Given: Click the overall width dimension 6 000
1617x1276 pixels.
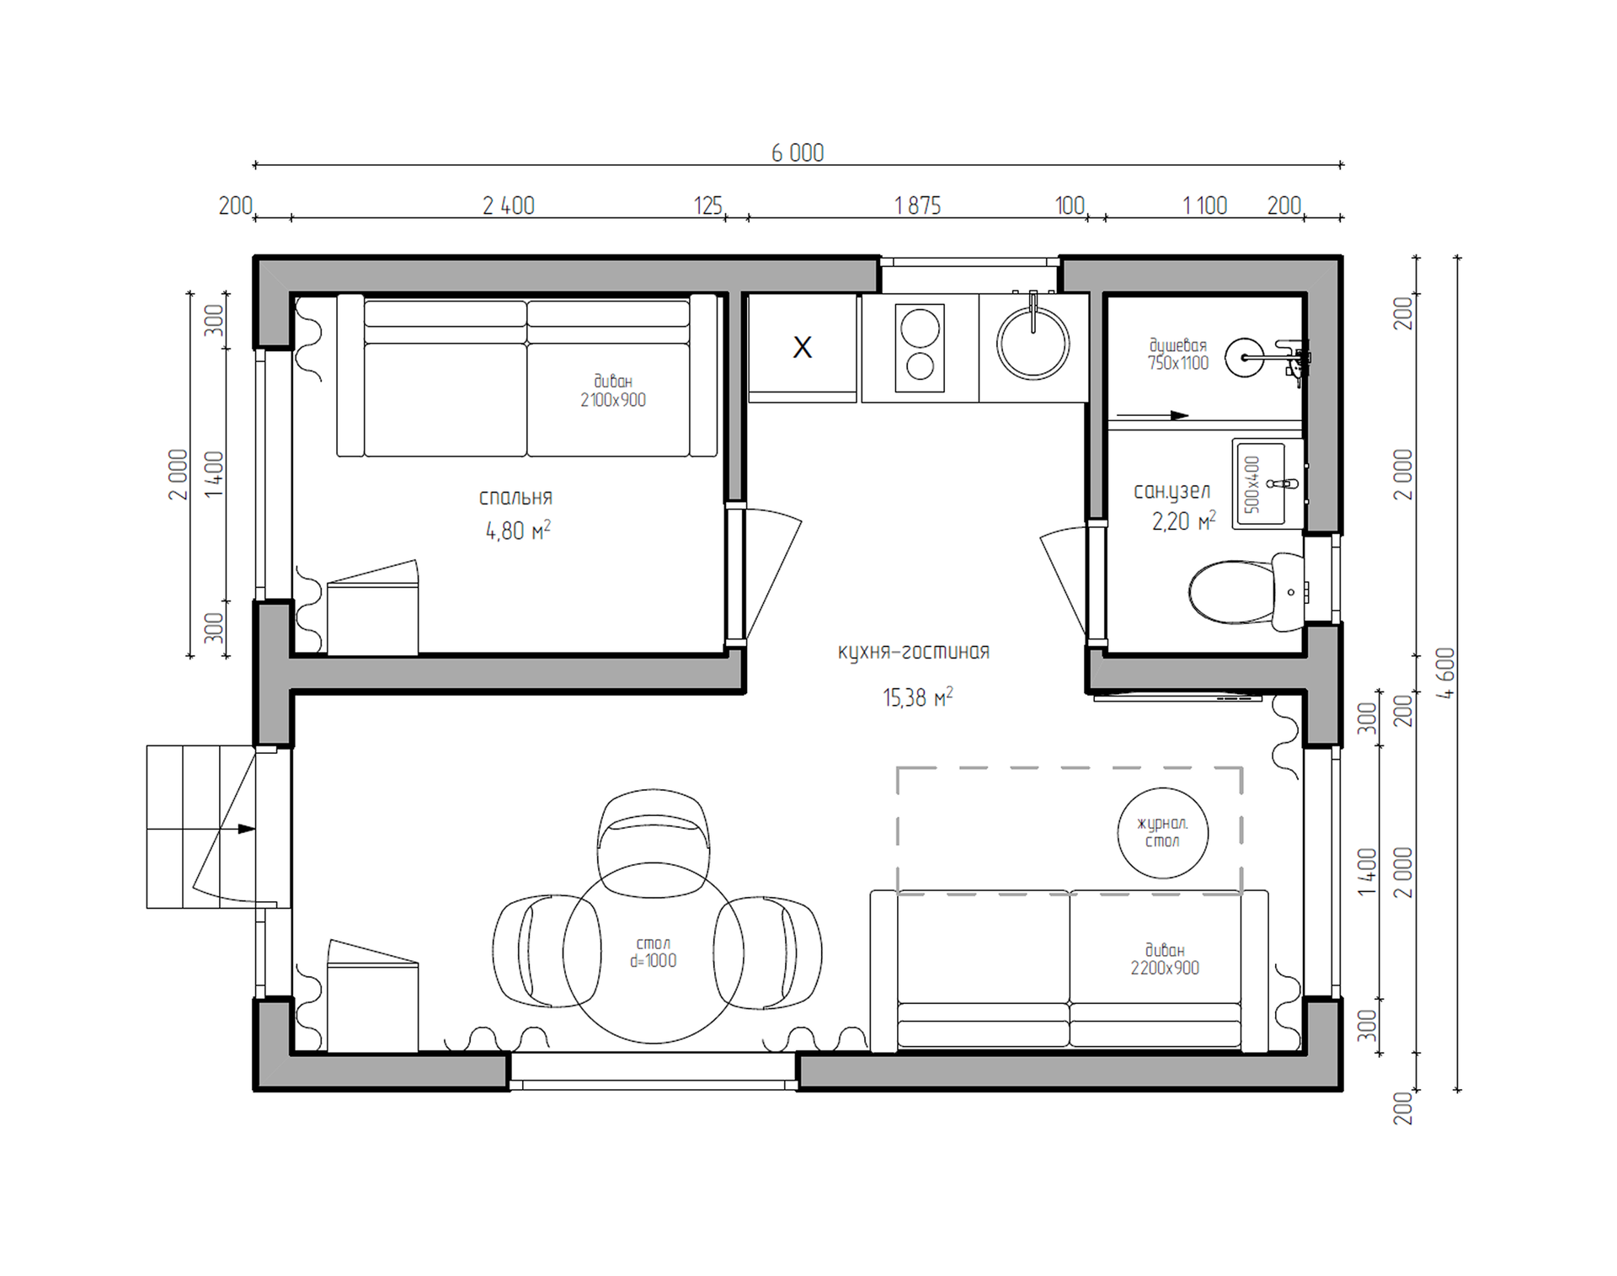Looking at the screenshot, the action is click(x=798, y=152).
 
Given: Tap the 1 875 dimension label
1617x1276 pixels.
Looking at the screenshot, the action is click(x=917, y=206).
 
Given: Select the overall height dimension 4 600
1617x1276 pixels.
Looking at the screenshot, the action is click(x=1445, y=673).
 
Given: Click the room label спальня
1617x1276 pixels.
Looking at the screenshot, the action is click(x=515, y=498).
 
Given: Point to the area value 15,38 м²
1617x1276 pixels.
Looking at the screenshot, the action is click(x=918, y=697).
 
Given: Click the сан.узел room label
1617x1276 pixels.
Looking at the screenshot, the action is click(x=1171, y=491).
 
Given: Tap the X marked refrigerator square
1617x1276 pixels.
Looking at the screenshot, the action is click(x=803, y=347).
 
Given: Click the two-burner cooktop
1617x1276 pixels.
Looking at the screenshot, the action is click(x=920, y=348).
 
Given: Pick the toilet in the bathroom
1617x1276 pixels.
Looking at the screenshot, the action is click(x=1246, y=592).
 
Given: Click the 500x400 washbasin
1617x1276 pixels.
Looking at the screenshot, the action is click(x=1267, y=483).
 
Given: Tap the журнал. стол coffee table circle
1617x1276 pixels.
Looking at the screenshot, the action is click(x=1162, y=832).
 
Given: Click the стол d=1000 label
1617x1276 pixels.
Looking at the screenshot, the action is click(x=653, y=952).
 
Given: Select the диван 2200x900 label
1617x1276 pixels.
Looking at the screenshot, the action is click(x=1165, y=959).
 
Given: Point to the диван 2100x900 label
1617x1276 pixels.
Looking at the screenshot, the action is click(x=613, y=391).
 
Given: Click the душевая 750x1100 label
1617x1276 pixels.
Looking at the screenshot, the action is click(x=1177, y=354).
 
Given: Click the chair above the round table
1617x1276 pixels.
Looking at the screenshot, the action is click(x=653, y=842).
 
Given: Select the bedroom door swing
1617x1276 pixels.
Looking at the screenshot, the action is click(x=773, y=573).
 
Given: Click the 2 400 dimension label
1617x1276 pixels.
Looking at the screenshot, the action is click(x=508, y=206).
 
